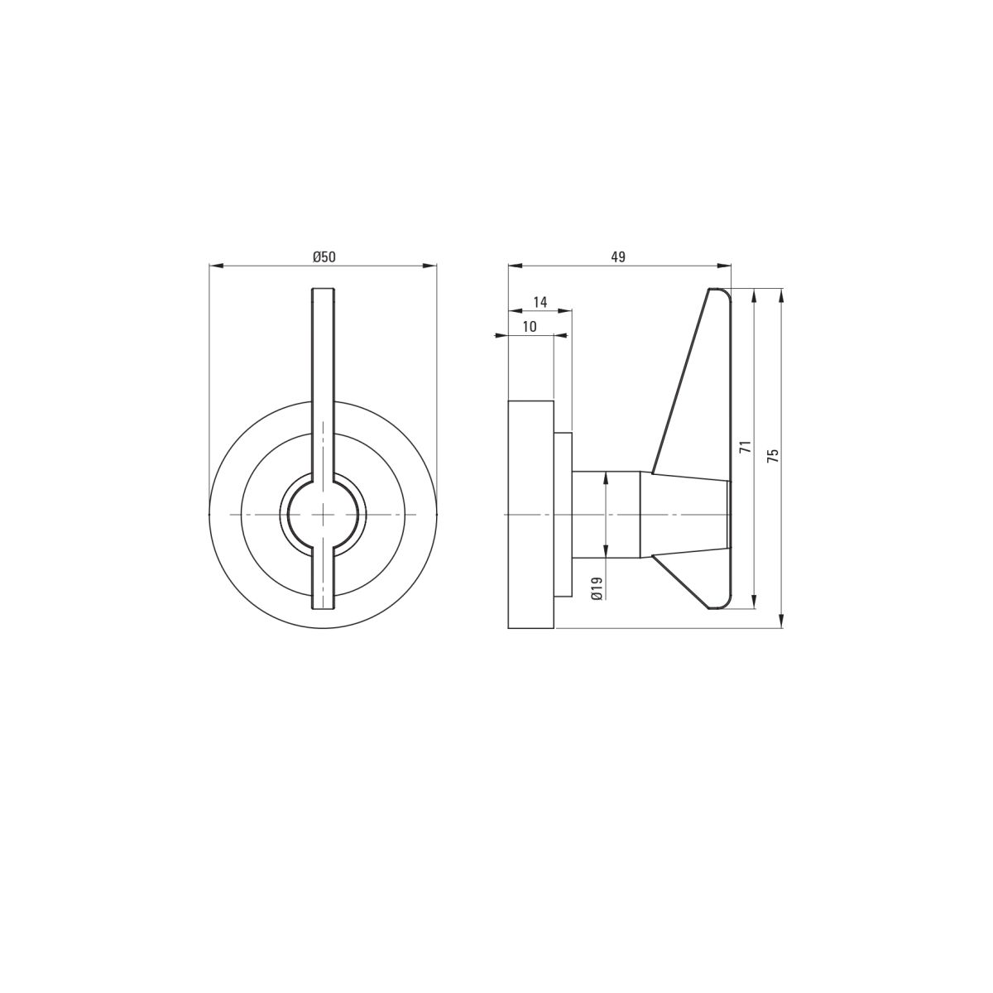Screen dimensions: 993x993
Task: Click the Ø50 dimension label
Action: (324, 257)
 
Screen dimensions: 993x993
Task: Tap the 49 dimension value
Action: (618, 257)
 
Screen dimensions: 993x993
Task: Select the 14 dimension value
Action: (540, 302)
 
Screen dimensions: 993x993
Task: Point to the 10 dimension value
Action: (530, 327)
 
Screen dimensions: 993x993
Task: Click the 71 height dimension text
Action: (745, 447)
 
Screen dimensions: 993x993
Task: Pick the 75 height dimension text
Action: (773, 455)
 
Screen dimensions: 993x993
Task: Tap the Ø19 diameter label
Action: (597, 588)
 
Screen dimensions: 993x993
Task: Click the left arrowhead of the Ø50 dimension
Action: (217, 266)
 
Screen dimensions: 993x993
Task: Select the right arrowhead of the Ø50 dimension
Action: (429, 266)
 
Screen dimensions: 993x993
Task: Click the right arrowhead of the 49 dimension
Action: (724, 266)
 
